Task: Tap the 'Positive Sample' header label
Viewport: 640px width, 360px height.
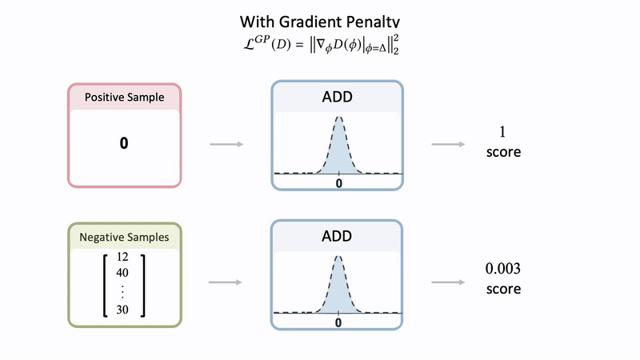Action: [x=125, y=98]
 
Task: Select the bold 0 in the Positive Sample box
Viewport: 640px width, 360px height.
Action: [x=124, y=144]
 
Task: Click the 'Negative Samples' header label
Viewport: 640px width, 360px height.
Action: [x=125, y=238]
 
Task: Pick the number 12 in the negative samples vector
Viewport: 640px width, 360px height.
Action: [x=122, y=258]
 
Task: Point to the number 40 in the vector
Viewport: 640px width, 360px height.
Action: [x=122, y=272]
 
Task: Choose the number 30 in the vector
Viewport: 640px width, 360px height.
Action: [x=122, y=310]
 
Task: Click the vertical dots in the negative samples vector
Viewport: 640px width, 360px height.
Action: [x=122, y=291]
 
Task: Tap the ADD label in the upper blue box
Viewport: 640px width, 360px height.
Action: [x=337, y=98]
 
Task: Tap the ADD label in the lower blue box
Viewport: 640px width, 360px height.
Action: [x=337, y=238]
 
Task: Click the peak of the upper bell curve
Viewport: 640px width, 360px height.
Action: [x=339, y=118]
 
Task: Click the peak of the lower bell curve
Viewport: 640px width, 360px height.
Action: [x=339, y=257]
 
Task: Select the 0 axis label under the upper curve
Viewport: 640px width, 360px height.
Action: [x=339, y=183]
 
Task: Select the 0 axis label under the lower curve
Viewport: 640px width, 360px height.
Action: [x=339, y=322]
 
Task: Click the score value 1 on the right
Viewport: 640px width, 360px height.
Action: [x=503, y=132]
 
